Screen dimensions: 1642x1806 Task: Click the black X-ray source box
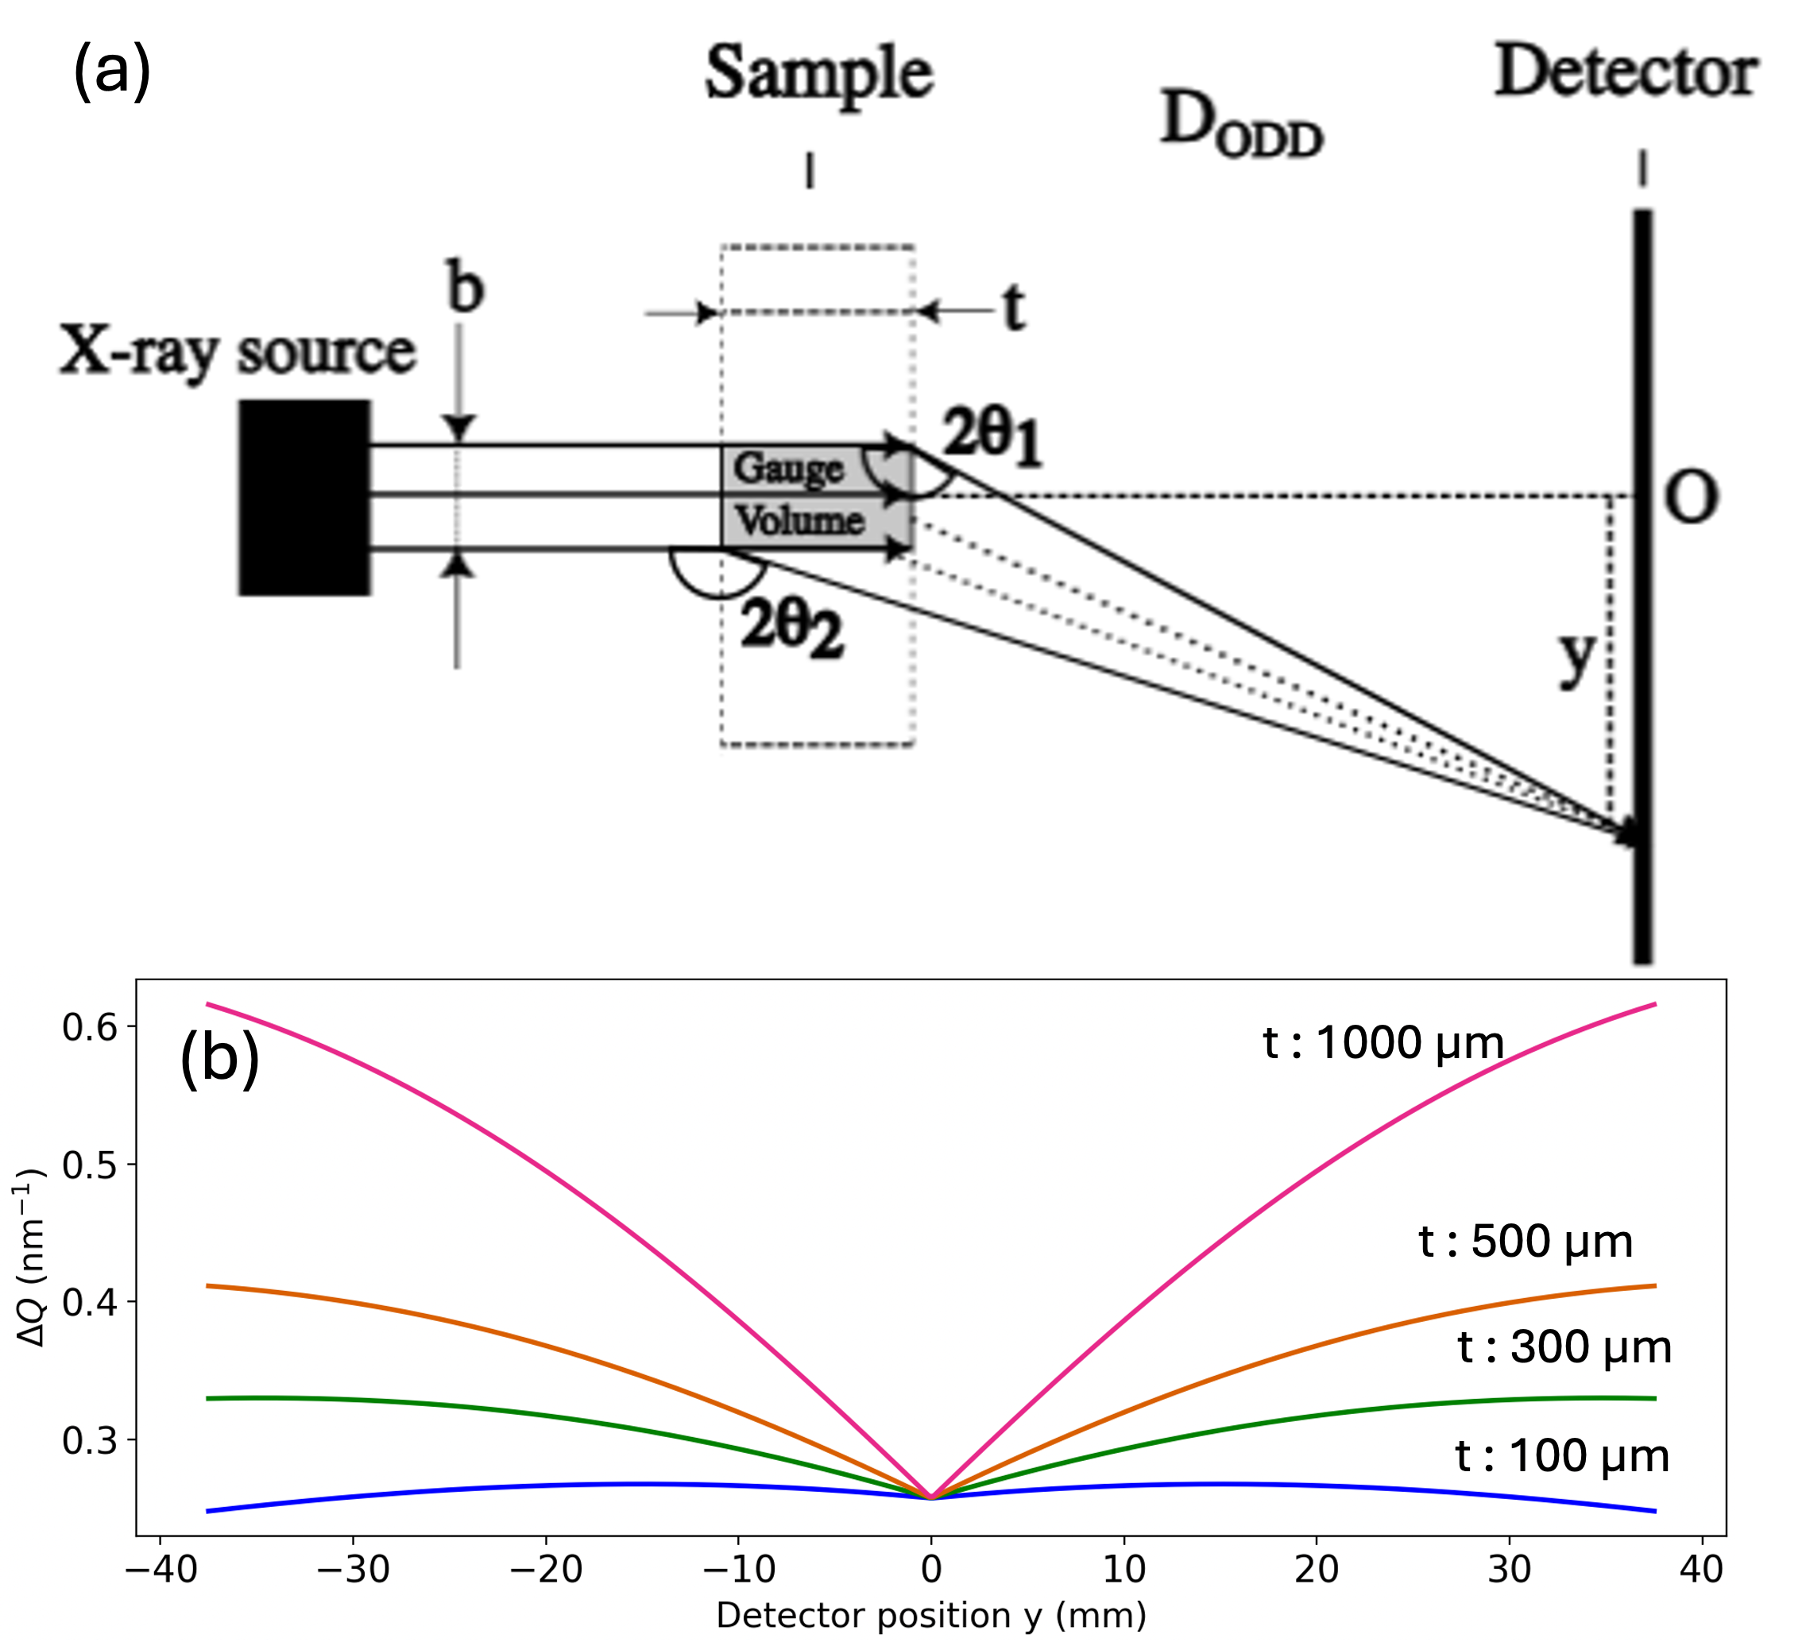coord(304,497)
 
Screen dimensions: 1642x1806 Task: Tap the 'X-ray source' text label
coord(238,351)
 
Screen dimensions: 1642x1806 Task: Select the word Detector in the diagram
coord(1626,71)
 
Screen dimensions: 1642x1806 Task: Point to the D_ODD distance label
coord(1241,126)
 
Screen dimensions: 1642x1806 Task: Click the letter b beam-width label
coord(465,288)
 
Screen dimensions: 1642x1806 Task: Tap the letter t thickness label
coord(1013,308)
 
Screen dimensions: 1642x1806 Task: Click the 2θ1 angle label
coord(992,436)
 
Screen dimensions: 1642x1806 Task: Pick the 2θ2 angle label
coord(792,627)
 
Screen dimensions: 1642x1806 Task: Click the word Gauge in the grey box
coord(788,469)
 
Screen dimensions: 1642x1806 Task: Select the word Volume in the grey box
coord(800,520)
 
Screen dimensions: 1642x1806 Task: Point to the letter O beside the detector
coord(1691,498)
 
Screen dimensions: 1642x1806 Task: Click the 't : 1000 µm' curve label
coord(1383,1043)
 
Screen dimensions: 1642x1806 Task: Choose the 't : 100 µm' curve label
coord(1562,1455)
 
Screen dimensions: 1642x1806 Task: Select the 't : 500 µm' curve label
coord(1526,1242)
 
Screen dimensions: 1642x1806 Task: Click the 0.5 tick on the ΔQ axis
coord(90,1165)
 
